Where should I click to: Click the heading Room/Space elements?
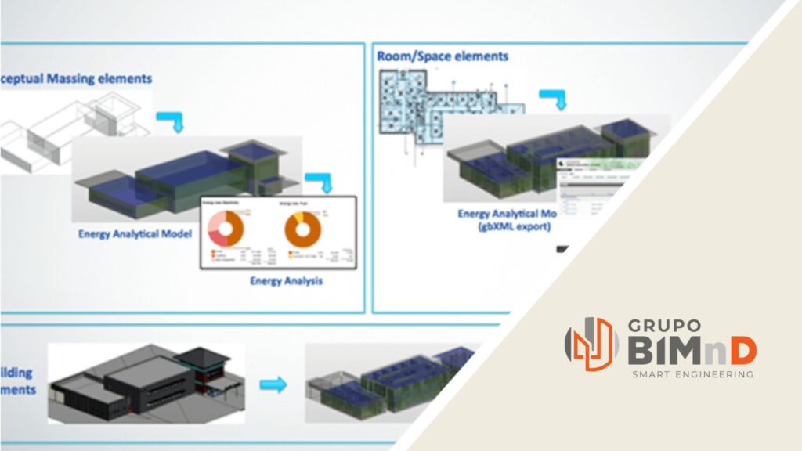(443, 56)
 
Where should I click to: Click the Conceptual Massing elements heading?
(76, 79)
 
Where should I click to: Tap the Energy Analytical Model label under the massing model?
(135, 233)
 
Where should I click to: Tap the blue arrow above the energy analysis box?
(319, 182)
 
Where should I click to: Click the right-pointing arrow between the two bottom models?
(273, 384)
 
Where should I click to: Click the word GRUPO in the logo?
(663, 325)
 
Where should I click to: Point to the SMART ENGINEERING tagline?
(692, 375)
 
